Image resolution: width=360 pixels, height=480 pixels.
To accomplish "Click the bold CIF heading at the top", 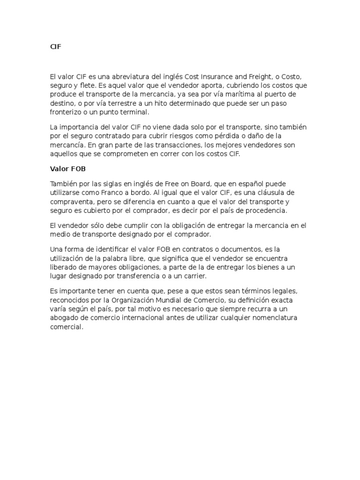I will (x=56, y=47).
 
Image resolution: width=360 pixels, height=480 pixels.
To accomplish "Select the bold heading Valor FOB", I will (x=67, y=169).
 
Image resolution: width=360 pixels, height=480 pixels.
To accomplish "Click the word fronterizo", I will (x=67, y=112).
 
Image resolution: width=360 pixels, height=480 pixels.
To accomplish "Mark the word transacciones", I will (x=166, y=145).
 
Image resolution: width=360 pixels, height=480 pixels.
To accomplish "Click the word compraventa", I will (x=72, y=202).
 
